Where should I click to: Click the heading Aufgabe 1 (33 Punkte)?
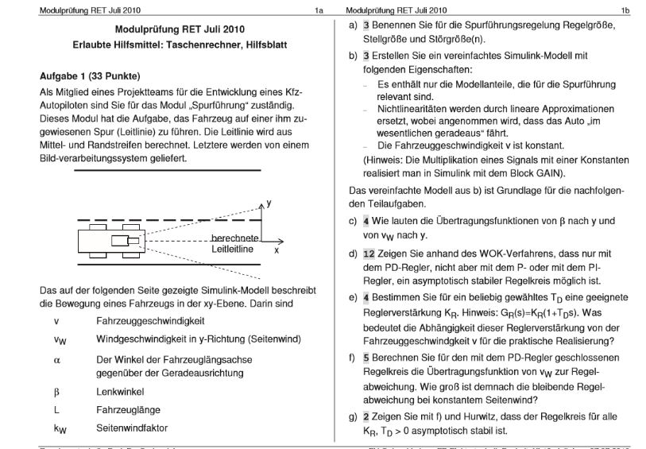89,77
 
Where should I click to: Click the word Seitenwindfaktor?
132,428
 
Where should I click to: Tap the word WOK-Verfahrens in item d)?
475,252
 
